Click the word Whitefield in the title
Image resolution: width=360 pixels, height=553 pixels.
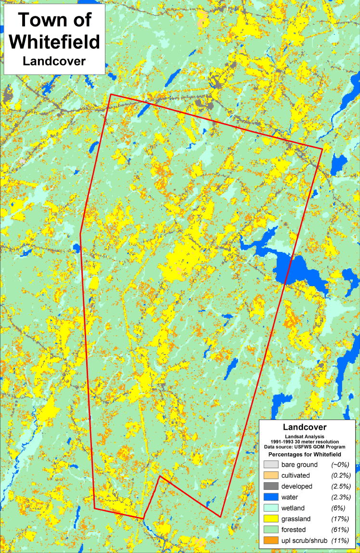pos(54,42)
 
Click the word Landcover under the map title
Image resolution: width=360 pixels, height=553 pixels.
pos(54,61)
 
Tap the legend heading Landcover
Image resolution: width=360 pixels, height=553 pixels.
pos(305,427)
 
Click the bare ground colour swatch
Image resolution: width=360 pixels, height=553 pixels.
pos(271,464)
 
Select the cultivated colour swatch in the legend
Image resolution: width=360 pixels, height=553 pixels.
pos(271,475)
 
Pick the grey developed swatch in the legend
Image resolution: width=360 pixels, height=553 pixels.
pos(271,486)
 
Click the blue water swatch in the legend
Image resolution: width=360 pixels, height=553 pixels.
pos(271,497)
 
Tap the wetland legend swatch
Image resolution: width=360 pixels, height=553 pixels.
pos(271,508)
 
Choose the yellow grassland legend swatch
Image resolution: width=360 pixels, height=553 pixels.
pos(271,519)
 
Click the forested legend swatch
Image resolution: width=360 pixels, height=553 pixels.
pos(271,530)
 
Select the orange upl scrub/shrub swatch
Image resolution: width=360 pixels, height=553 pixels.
pos(271,541)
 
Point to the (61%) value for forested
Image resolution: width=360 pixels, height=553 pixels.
pos(339,530)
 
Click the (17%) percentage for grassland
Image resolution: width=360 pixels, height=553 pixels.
pos(339,519)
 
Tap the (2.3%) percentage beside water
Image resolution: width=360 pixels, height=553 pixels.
pos(339,497)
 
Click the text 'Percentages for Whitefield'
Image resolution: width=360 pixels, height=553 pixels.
pos(305,454)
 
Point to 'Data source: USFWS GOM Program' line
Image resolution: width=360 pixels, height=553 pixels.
pos(305,447)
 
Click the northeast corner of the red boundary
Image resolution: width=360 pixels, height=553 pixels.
pos(321,149)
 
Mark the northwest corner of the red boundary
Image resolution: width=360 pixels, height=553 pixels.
pos(111,94)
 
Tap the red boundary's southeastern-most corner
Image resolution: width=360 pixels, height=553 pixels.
pos(220,517)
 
